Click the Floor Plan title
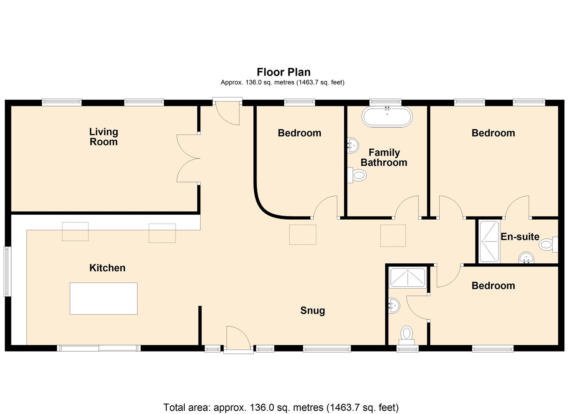click(x=284, y=72)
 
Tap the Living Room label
click(x=103, y=137)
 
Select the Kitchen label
click(x=107, y=268)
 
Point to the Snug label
click(x=312, y=310)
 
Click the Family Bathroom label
click(x=384, y=158)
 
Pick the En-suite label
click(x=520, y=237)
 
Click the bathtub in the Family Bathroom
click(x=387, y=117)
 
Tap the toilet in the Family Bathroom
click(x=357, y=175)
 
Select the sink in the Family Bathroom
click(x=353, y=145)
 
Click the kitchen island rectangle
click(x=103, y=298)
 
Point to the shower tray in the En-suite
click(x=489, y=242)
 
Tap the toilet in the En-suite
click(x=548, y=245)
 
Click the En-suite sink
click(x=526, y=258)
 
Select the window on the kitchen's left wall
click(x=8, y=271)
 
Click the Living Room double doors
click(x=189, y=158)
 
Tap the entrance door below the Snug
click(x=239, y=340)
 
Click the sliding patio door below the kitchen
click(x=98, y=348)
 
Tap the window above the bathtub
click(x=385, y=102)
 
